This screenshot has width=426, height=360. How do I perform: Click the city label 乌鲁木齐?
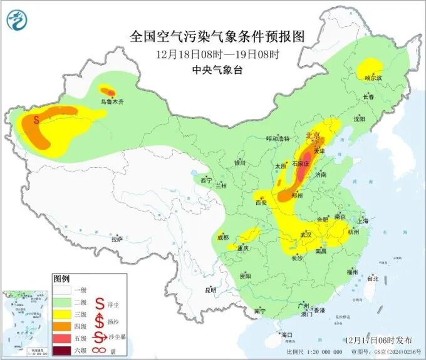[112, 100]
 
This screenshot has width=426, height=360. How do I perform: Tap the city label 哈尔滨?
[373, 78]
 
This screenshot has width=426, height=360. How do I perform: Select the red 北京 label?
[313, 135]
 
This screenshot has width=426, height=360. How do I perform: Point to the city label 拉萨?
[117, 239]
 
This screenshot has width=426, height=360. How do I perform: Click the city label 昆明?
[210, 290]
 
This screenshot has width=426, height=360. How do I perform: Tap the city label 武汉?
[306, 234]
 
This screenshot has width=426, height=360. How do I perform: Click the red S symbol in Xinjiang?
[37, 118]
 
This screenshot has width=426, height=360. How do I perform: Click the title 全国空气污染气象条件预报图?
[217, 36]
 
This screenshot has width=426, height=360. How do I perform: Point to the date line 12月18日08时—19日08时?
[217, 54]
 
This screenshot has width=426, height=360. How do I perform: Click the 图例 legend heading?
[61, 277]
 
